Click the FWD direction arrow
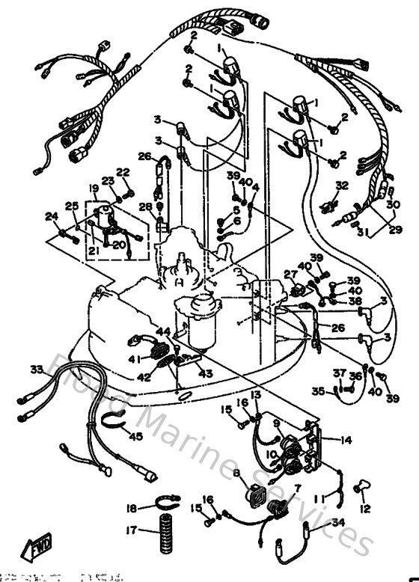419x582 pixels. coord(37,552)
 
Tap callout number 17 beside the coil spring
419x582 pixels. coord(131,533)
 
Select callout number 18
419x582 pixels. coord(131,509)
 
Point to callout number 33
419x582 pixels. coord(36,370)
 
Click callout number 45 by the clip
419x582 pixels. coord(137,437)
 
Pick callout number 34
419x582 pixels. coord(338,522)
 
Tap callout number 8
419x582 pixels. coord(236,473)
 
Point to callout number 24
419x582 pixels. coord(52,217)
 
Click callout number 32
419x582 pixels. coord(340,185)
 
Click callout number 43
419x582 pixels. coord(205,373)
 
